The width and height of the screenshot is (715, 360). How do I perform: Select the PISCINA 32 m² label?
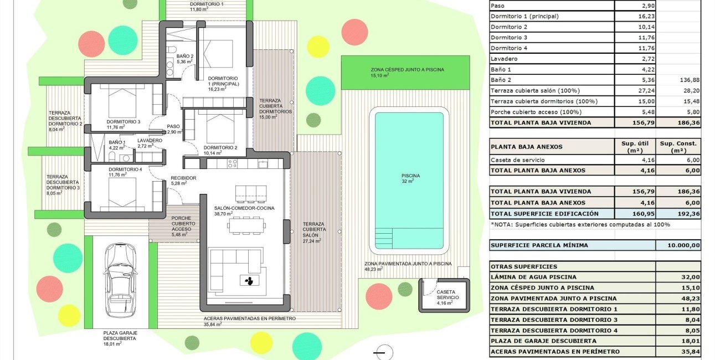point(410,178)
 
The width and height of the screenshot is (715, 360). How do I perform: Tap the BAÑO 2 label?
point(184,59)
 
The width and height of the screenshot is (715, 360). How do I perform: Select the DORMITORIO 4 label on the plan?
point(125,172)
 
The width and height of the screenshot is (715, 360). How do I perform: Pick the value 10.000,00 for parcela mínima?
point(678,245)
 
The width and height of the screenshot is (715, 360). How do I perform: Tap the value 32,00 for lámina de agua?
point(678,277)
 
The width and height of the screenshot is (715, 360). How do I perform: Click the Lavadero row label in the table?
point(504,59)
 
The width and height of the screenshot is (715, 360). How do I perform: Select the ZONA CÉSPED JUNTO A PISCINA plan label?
point(407,73)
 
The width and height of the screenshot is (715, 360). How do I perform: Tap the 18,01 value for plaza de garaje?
point(678,341)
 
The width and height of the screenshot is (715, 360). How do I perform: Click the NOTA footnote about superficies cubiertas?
point(580,224)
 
